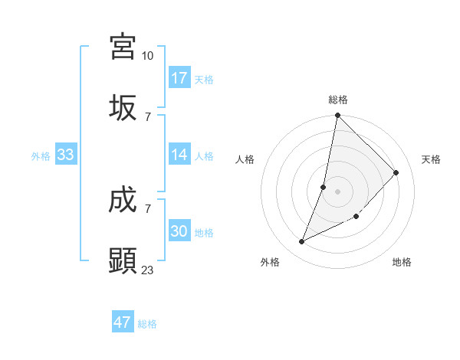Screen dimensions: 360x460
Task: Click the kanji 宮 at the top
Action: [x=123, y=47]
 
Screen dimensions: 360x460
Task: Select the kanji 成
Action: [x=123, y=200]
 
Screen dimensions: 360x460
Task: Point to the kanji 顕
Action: [x=123, y=261]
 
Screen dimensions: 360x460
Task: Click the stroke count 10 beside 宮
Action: [x=148, y=56]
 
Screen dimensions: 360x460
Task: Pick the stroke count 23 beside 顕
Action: [x=148, y=270]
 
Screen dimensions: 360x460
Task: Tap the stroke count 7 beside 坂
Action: [x=148, y=117]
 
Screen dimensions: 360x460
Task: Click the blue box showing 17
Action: [x=179, y=78]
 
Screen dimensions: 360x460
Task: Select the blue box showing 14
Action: [x=179, y=155]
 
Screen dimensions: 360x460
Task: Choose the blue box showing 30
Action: [x=179, y=231]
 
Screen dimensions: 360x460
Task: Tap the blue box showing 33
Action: [x=66, y=155]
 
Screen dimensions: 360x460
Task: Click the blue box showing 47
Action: [x=123, y=322]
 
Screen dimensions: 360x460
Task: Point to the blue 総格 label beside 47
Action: [x=147, y=324]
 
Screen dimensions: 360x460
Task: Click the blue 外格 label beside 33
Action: [x=41, y=156]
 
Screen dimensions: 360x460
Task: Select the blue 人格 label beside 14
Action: [x=204, y=156]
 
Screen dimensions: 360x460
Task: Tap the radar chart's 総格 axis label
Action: [x=338, y=100]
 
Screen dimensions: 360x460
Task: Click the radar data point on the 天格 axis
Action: [x=396, y=172]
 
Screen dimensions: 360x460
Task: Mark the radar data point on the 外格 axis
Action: [x=302, y=242]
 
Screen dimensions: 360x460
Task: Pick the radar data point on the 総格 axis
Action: [x=338, y=116]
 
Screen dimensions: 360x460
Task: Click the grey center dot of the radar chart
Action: [x=338, y=191]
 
